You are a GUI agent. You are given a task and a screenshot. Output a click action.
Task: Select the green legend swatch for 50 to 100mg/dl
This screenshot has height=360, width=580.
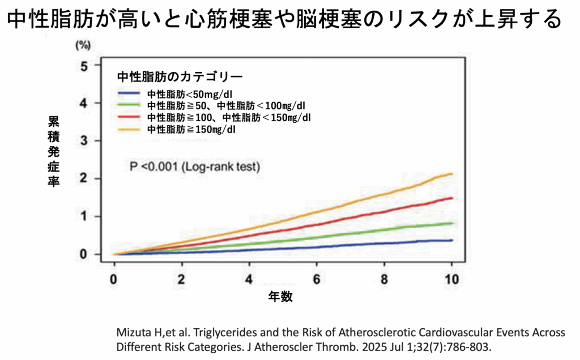(x=130, y=105)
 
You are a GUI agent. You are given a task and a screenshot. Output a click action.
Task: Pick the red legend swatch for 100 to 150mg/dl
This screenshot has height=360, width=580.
(x=130, y=117)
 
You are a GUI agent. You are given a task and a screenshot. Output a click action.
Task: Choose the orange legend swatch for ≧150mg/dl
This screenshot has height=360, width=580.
(x=130, y=130)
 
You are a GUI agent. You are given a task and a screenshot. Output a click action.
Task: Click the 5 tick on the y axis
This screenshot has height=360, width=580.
(x=84, y=66)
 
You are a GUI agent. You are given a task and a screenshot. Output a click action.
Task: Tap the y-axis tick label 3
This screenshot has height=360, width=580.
(x=84, y=141)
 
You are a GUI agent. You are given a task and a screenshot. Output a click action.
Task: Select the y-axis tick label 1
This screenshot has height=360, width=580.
(x=84, y=216)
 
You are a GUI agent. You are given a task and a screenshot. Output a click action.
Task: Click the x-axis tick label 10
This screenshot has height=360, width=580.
(x=451, y=280)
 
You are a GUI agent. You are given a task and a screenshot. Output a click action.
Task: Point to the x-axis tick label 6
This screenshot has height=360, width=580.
(x=317, y=280)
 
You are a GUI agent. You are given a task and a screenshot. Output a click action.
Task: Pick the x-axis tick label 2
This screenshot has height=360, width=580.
(x=182, y=280)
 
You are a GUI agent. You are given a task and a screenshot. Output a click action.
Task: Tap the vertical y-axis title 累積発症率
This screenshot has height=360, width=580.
(x=53, y=153)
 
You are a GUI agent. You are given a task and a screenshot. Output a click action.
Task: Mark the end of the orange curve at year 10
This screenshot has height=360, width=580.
(x=451, y=174)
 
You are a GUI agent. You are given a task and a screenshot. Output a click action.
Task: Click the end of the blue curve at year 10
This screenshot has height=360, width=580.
(x=451, y=241)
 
